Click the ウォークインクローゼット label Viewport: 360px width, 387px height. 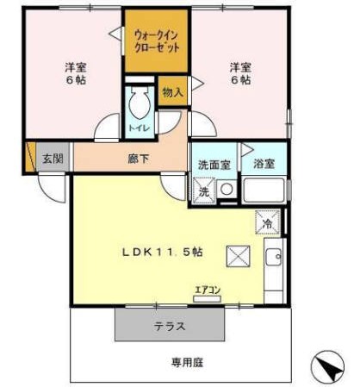(x=157, y=42)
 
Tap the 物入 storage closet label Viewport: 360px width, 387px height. (x=172, y=92)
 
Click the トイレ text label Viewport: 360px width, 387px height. (x=140, y=128)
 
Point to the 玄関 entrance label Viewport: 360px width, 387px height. (x=53, y=159)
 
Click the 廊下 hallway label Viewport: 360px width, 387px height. (x=138, y=159)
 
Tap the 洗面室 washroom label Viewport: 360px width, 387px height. (x=214, y=165)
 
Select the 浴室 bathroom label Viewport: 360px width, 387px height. (x=264, y=164)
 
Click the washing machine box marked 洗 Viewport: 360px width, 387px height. (x=204, y=191)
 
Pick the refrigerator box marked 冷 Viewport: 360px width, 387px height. (x=268, y=222)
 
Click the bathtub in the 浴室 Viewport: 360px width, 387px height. (x=264, y=190)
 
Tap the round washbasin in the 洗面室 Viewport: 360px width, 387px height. (x=227, y=189)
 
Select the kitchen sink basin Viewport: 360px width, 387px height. (x=273, y=257)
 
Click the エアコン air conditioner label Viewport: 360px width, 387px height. (x=208, y=290)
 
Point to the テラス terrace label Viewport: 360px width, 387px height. (x=170, y=327)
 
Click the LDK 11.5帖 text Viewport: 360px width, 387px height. (x=163, y=253)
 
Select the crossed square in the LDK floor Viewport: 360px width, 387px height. (x=238, y=256)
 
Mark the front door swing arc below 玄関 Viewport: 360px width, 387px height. (x=52, y=189)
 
